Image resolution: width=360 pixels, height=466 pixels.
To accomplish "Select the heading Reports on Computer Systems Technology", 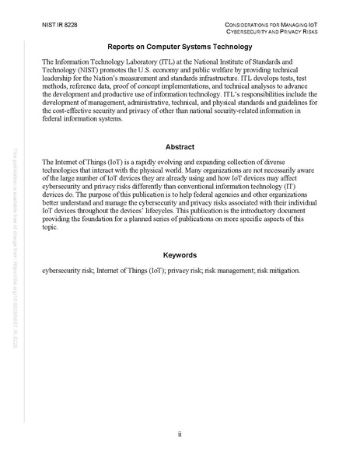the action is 180,47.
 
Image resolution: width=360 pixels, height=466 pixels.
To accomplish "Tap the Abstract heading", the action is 180,146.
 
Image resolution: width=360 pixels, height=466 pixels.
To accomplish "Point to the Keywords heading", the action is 180,255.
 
